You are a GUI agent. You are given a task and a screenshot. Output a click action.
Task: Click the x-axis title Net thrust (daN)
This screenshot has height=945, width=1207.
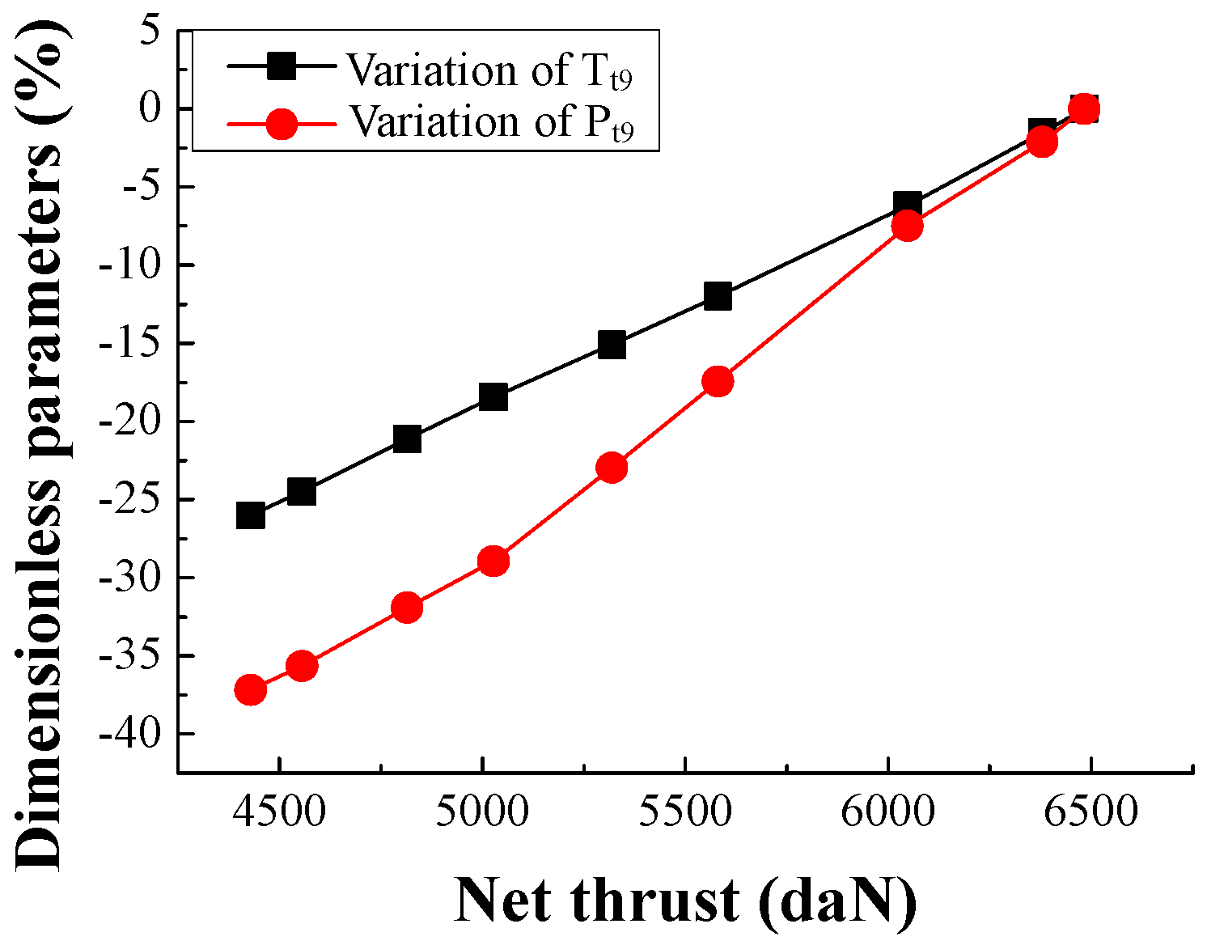click(686, 900)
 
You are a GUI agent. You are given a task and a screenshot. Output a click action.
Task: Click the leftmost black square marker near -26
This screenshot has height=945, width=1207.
click(251, 515)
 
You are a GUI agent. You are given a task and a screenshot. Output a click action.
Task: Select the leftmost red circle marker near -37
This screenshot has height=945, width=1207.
click(251, 690)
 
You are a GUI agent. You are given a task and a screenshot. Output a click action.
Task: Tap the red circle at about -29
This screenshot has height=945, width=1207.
click(493, 561)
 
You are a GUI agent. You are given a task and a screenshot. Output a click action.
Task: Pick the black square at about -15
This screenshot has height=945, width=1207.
click(612, 345)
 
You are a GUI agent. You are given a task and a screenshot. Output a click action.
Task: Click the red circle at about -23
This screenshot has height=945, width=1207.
click(612, 468)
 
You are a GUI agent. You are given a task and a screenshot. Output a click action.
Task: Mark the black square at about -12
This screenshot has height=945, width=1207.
click(718, 297)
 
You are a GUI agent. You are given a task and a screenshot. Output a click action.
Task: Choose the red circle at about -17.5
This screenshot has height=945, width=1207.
click(718, 381)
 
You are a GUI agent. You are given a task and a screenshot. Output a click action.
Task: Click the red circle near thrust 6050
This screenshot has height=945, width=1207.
click(908, 226)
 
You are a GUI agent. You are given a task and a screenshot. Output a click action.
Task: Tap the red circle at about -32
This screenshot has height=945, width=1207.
click(407, 608)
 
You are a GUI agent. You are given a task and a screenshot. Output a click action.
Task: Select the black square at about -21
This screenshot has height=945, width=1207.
click(407, 439)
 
